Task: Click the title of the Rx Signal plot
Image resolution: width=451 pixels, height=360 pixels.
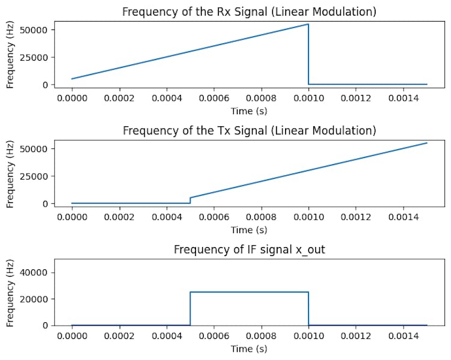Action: click(249, 11)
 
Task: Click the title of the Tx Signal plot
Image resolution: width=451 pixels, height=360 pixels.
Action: click(249, 130)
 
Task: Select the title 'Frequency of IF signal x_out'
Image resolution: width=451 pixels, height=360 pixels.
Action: click(249, 249)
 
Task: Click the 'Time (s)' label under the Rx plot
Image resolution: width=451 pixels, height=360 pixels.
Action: click(249, 111)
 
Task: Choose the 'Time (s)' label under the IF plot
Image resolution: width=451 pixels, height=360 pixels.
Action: click(249, 349)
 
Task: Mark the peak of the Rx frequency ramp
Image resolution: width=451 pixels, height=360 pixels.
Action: click(308, 24)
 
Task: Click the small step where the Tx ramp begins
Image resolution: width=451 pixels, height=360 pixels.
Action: click(190, 200)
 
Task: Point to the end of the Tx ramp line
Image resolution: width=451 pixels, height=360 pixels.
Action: click(426, 143)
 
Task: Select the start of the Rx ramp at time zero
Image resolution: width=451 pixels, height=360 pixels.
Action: click(72, 79)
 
